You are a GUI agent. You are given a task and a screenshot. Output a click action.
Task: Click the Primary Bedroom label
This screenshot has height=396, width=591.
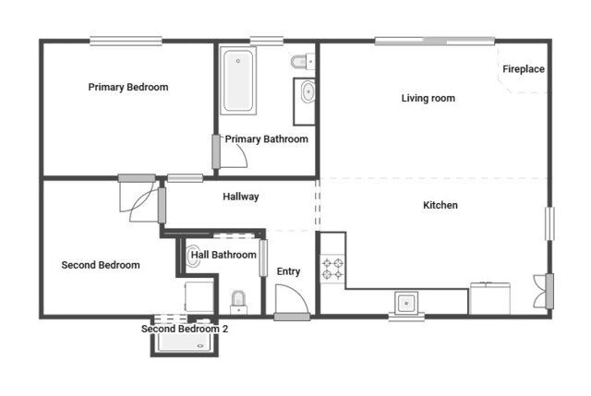click(x=128, y=87)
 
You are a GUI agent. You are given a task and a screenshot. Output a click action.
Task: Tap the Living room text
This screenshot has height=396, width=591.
click(x=428, y=98)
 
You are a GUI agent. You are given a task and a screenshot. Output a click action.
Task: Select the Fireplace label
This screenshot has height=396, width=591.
click(x=523, y=70)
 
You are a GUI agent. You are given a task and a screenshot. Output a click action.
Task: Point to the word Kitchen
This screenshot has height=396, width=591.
click(x=440, y=205)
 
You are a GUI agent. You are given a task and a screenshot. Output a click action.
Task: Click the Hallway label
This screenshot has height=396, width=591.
click(x=240, y=197)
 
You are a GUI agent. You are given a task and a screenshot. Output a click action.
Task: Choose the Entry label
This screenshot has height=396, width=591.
click(x=288, y=271)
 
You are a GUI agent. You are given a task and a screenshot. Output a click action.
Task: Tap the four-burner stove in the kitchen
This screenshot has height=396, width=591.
click(x=332, y=269)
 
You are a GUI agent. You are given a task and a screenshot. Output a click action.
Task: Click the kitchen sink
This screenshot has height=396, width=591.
click(x=406, y=302)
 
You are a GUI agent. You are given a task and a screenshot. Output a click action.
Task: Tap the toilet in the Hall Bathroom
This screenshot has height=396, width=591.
click(x=238, y=300)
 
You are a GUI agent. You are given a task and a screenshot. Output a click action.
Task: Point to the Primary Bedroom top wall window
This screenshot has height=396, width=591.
click(x=126, y=40)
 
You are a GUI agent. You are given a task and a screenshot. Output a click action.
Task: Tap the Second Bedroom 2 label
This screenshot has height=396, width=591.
click(x=184, y=328)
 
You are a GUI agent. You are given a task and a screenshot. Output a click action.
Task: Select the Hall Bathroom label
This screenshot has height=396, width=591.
click(x=223, y=254)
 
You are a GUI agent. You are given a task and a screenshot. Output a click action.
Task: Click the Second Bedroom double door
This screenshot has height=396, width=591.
click(x=141, y=198)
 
